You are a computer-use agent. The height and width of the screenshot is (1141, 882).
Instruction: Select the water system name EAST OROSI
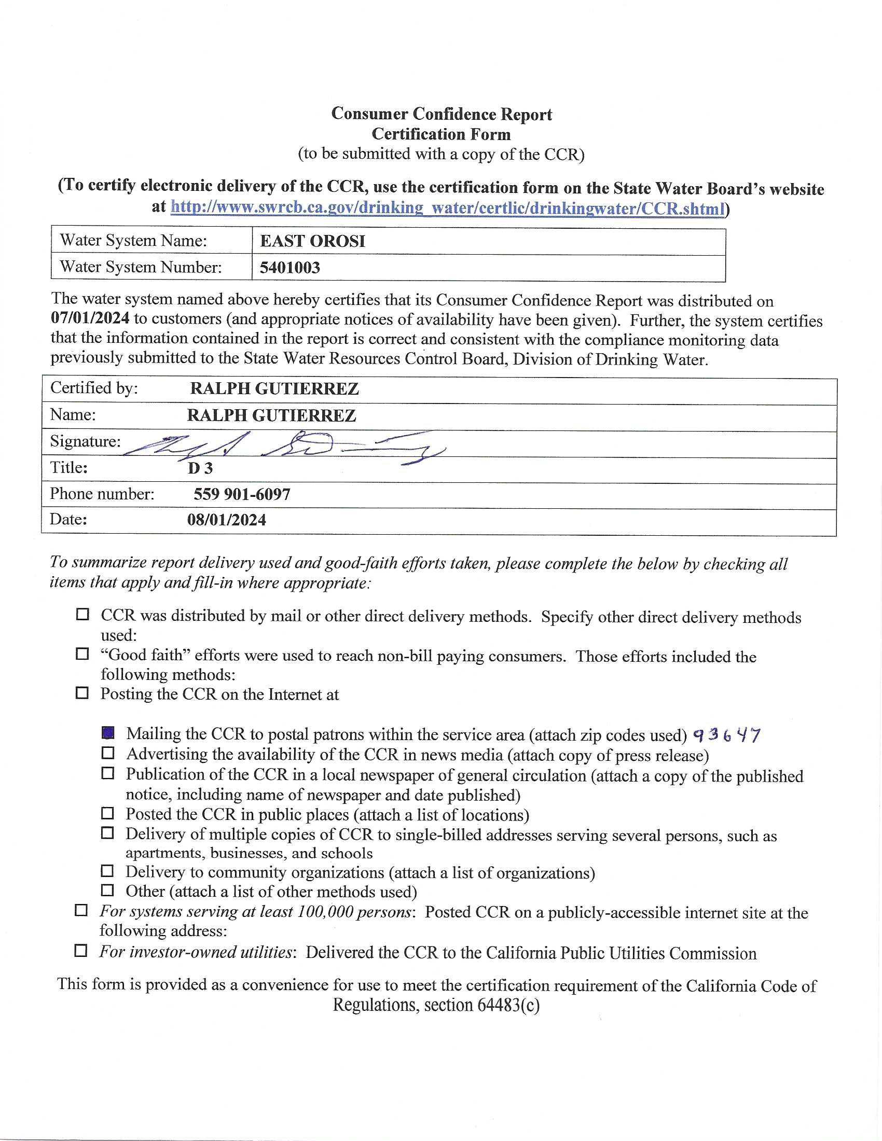pos(312,241)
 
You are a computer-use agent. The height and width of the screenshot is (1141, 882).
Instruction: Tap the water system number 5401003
pos(290,268)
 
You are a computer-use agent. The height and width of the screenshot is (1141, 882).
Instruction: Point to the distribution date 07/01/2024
pos(89,318)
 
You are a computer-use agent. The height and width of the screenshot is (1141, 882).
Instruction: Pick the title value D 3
pos(200,468)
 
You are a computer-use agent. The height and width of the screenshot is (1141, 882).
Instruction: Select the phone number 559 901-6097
pos(242,494)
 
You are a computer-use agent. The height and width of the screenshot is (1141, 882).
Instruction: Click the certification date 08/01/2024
pos(226,520)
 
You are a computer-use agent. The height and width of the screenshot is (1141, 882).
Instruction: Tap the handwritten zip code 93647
pos(726,735)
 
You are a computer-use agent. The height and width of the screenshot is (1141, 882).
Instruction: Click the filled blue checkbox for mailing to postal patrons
pos(107,733)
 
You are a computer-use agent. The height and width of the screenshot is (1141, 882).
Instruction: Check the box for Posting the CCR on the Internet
pos(82,693)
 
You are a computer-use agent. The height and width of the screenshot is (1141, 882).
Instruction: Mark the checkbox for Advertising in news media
pos(107,754)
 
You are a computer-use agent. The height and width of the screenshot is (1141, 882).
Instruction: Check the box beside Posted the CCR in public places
pos(107,813)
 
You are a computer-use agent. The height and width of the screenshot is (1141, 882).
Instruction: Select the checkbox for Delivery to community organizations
pos(107,871)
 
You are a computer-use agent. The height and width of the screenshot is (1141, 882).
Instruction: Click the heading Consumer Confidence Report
pos(442,114)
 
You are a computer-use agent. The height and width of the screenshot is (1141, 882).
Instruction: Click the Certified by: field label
pos(94,388)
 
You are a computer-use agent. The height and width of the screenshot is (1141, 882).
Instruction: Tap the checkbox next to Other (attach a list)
pos(107,890)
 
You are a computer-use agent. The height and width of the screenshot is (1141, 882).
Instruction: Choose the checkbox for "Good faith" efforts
pos(82,653)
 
